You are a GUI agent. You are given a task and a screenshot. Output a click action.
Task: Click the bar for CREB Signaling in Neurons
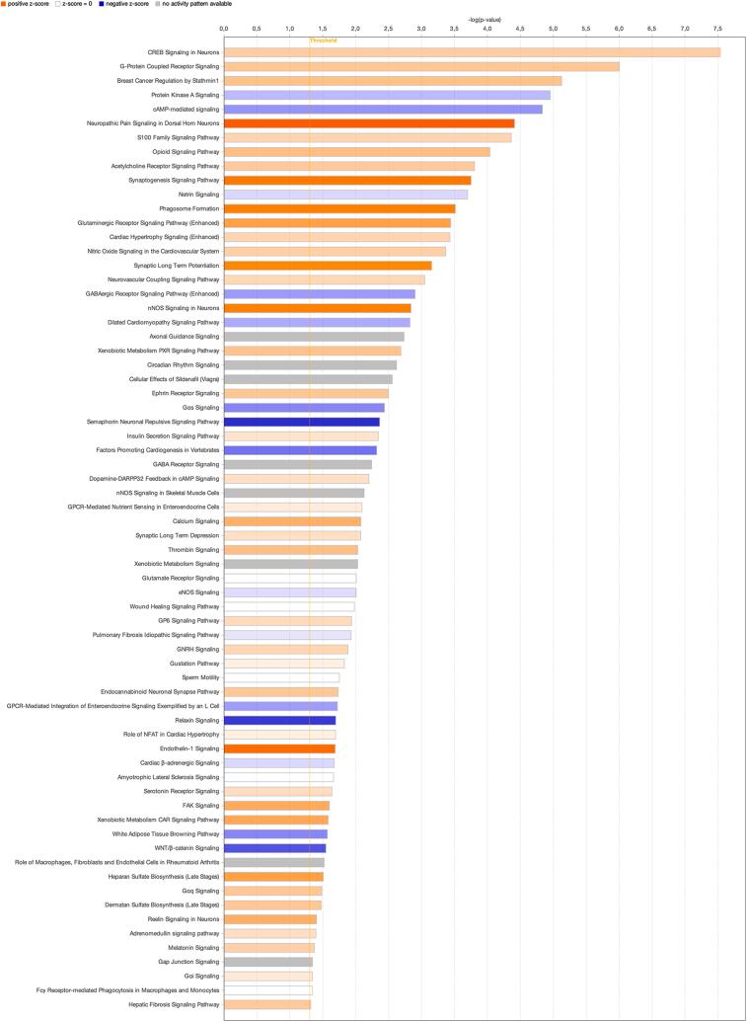[x=472, y=52]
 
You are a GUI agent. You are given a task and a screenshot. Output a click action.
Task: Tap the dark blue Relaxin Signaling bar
[x=279, y=720]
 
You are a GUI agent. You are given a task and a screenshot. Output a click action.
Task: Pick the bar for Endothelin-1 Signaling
[x=279, y=748]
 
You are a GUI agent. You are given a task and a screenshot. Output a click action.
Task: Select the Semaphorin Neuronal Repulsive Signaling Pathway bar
[x=301, y=422]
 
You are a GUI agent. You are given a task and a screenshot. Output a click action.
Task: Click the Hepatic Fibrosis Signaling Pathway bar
[x=267, y=1004]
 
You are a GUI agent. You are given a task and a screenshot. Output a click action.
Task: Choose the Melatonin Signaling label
[x=192, y=948]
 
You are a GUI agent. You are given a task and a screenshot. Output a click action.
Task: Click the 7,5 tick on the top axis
[x=717, y=30]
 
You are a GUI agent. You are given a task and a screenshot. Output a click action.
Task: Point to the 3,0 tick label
[x=421, y=30]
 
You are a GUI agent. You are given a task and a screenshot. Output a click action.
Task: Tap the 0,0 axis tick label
[x=224, y=30]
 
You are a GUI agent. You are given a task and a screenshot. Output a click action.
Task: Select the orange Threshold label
[x=323, y=40]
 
